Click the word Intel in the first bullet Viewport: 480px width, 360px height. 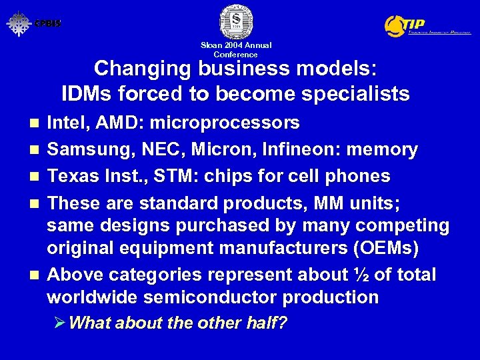click(65, 123)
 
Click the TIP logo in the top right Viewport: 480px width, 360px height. click(427, 25)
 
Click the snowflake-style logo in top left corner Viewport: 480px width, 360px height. click(19, 23)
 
